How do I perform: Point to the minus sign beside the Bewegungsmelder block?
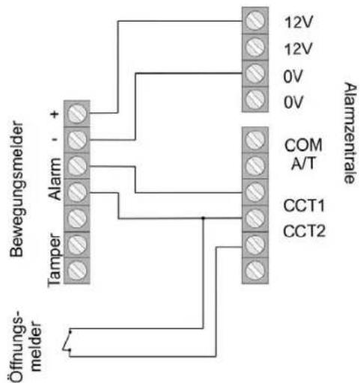pos(57,138)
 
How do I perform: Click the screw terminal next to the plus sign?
pos(78,114)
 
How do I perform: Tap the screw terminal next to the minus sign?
pos(78,139)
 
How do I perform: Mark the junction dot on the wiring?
pos(204,218)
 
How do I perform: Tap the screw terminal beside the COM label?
pos(255,140)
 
